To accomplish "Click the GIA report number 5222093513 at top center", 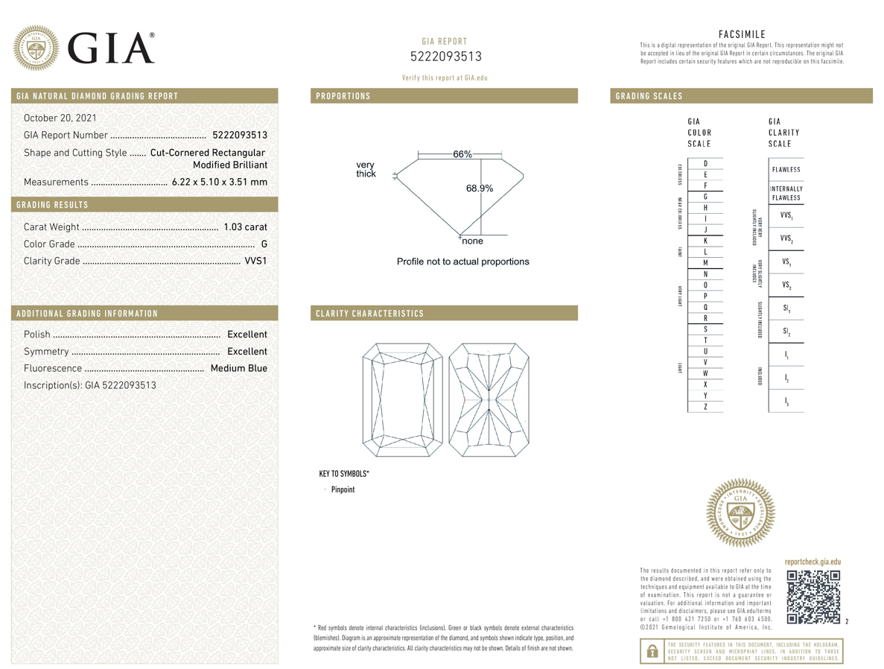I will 445,57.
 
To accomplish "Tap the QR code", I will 813,597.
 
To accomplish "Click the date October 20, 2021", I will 60,118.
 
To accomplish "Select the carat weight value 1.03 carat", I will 245,226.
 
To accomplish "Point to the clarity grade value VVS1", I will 255,261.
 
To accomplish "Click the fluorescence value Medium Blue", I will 238,368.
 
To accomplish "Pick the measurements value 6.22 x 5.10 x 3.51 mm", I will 219,182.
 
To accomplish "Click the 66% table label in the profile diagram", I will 462,154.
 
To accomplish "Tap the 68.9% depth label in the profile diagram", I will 480,188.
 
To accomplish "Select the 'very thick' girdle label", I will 366,169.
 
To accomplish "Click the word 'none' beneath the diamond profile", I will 472,241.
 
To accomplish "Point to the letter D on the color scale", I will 705,163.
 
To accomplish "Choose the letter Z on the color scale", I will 705,406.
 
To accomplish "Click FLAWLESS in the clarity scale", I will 786,169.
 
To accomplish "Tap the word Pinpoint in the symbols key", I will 343,489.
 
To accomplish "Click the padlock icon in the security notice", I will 652,651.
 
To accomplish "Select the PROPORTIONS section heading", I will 343,96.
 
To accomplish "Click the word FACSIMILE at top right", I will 742,34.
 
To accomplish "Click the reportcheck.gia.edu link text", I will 813,562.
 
